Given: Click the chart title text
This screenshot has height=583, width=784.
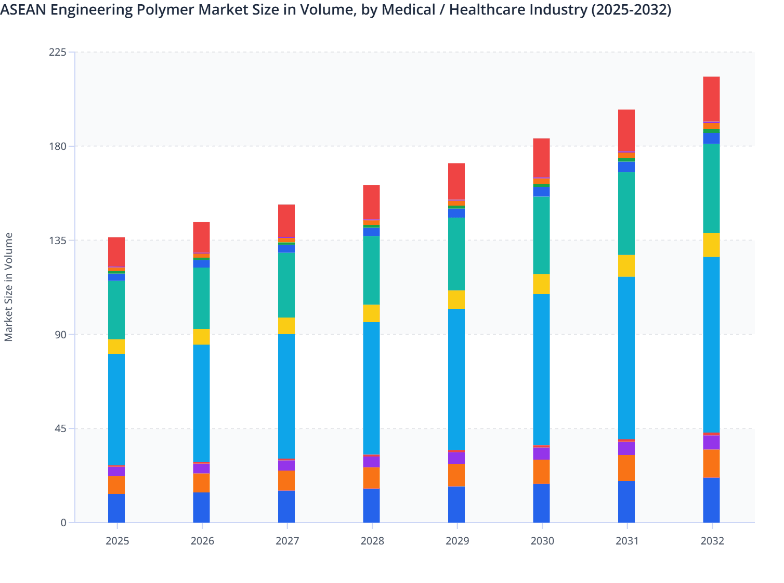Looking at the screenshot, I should [x=336, y=10].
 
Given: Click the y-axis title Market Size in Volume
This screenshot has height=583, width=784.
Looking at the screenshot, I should [x=9, y=287].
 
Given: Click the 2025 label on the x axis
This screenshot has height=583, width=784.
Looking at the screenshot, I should [x=117, y=541].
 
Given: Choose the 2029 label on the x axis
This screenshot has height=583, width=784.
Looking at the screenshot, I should [x=457, y=541].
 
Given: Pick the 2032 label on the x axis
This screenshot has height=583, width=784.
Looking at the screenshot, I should [x=712, y=541].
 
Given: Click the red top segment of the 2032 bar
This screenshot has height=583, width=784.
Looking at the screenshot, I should [x=711, y=99].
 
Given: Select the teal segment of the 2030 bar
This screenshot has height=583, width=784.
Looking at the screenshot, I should [x=541, y=235].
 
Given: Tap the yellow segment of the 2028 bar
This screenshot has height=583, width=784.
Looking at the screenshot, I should [x=371, y=313].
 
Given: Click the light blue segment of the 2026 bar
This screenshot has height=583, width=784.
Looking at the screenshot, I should [x=201, y=403].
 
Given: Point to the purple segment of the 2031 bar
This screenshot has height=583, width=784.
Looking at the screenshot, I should [x=626, y=448].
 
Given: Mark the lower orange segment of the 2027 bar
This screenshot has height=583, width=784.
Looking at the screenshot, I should [x=286, y=480].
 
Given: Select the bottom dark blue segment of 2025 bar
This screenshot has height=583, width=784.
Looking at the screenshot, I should [x=116, y=508].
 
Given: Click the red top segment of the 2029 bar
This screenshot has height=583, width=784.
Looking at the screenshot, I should [x=456, y=181].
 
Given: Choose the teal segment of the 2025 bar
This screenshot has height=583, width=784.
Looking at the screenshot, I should [x=116, y=310].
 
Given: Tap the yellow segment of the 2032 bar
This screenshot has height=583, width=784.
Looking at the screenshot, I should [x=711, y=245].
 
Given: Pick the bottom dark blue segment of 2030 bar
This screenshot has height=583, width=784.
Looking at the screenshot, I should [x=541, y=503].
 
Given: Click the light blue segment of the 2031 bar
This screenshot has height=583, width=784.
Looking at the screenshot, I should [x=626, y=358].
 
